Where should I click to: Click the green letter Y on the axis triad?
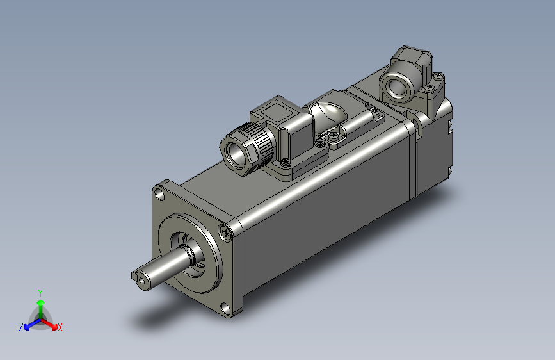point(40,293)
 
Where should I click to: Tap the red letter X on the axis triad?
point(60,327)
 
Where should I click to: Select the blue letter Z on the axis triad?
point(21,327)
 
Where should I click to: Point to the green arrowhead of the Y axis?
point(41,302)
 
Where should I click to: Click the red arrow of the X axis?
point(49,323)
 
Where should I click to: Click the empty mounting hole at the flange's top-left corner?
point(160,195)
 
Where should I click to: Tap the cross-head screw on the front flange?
point(225,232)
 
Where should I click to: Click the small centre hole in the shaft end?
point(142,281)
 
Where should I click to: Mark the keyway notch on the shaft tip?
point(134,275)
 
